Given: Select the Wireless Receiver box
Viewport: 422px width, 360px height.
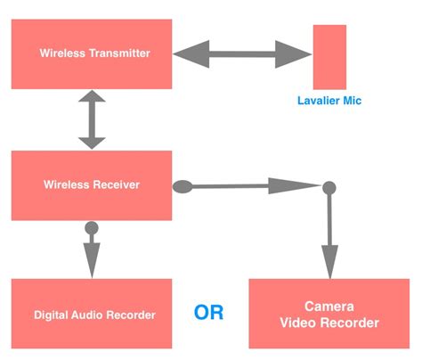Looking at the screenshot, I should tap(91, 185).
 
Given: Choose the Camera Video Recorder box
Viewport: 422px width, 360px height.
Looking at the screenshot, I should tap(329, 314).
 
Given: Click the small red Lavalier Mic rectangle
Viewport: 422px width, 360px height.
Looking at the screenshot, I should tap(329, 56).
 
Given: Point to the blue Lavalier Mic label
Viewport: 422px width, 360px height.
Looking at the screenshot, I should tap(329, 101).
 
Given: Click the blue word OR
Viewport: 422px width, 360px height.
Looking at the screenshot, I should tap(209, 314).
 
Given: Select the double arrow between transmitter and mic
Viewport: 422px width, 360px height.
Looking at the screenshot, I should tap(241, 54).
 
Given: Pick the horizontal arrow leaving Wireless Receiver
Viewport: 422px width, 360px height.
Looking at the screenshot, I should tap(254, 186).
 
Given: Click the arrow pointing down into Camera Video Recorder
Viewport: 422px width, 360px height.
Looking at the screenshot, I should tap(329, 232).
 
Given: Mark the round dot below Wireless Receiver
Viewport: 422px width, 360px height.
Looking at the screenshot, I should tap(91, 229).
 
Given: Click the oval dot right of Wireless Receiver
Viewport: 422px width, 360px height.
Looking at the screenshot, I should tap(182, 186).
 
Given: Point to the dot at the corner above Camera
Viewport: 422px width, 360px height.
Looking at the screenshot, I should tap(329, 187).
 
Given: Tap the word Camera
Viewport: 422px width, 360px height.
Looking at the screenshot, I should tap(329, 305).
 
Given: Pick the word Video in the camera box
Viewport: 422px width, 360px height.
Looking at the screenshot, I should tap(301, 323).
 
